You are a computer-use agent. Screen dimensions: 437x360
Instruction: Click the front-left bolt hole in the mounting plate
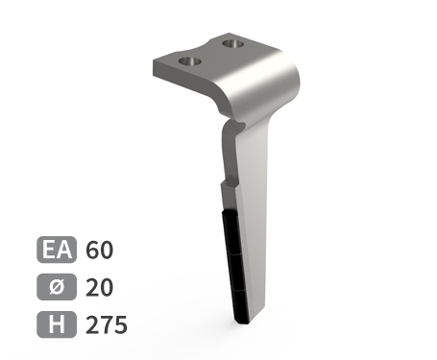tap(190, 61)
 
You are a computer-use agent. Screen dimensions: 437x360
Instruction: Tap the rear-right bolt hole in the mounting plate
tap(233, 44)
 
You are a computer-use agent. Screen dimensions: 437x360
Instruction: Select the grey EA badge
tap(57, 250)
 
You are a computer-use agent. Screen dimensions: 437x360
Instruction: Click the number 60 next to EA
tap(99, 250)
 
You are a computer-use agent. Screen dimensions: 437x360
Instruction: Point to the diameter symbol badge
tap(57, 287)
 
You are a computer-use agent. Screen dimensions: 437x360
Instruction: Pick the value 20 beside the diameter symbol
tap(99, 287)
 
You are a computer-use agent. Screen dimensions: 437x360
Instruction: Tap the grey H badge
tap(57, 324)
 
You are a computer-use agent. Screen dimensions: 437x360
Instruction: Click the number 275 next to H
tap(107, 324)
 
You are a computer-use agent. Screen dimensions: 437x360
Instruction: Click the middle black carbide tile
tap(237, 273)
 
